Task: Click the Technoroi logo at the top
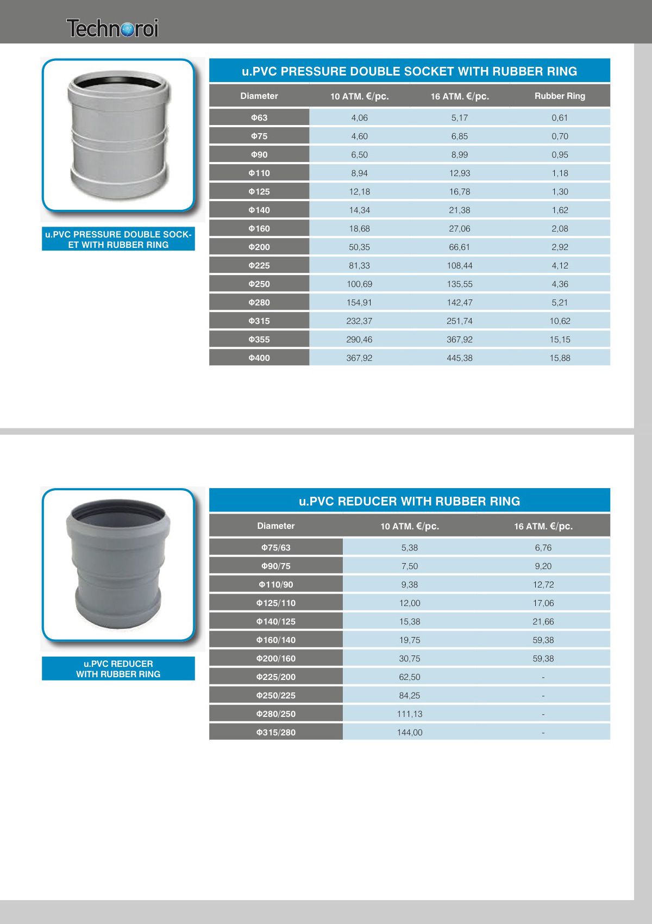[112, 28]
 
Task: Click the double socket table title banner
[409, 71]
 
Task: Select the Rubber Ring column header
[560, 96]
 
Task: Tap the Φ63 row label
[259, 117]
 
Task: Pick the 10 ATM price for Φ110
[359, 173]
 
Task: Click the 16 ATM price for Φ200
[459, 247]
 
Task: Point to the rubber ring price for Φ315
[560, 321]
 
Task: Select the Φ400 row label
[259, 358]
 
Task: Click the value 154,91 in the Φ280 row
[359, 302]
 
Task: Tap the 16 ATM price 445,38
[459, 358]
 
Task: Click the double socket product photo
[118, 135]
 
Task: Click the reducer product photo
[118, 564]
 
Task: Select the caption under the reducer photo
[118, 669]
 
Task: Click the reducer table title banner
[409, 501]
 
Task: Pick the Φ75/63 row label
[276, 547]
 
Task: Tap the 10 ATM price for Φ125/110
[410, 603]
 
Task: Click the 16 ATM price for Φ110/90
[543, 584]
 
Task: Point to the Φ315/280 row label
[276, 732]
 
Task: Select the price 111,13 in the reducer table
[410, 714]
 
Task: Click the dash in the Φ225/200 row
[543, 677]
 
